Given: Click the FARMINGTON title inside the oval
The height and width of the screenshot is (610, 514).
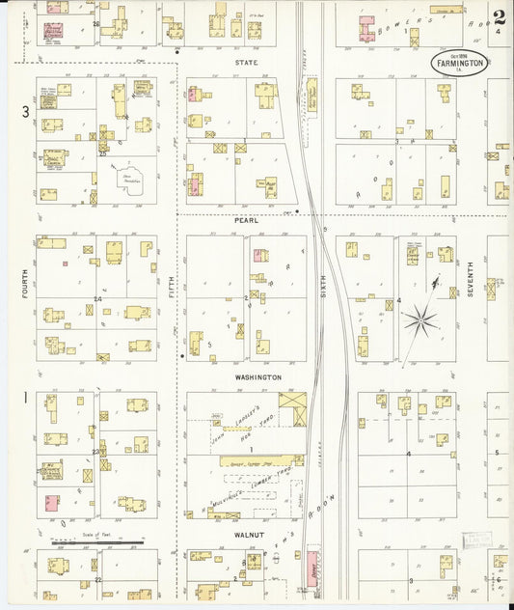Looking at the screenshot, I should click(x=458, y=64).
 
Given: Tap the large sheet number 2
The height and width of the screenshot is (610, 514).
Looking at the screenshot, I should click(x=498, y=16).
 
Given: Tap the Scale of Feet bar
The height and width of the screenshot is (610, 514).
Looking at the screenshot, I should click(x=96, y=542).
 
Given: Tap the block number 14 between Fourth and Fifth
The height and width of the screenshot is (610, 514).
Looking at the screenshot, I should click(x=97, y=299).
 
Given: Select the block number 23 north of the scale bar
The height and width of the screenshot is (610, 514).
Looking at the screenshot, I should click(x=95, y=452).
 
